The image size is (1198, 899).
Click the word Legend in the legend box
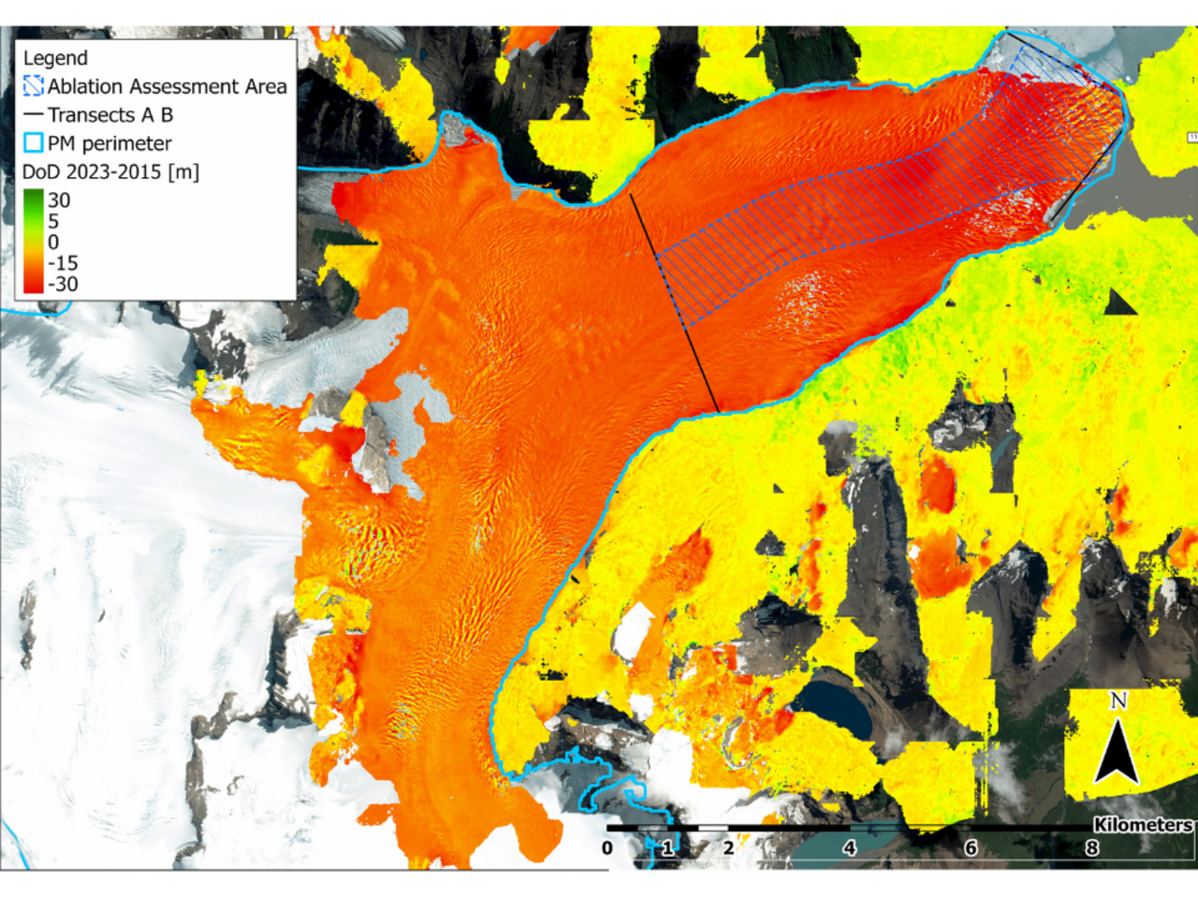[55, 58]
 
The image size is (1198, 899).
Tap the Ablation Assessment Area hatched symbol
[34, 86]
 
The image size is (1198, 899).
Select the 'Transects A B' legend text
[110, 115]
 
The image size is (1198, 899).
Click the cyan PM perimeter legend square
[34, 143]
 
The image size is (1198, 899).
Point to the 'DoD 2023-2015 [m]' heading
[110, 172]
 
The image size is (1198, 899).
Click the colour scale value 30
[59, 200]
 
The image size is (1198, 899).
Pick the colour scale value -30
[63, 285]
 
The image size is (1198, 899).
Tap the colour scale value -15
[63, 263]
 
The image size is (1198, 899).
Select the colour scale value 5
[53, 222]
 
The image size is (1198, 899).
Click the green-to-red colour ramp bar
[33, 242]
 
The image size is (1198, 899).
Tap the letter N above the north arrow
[1118, 700]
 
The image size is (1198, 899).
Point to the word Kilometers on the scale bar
[1143, 825]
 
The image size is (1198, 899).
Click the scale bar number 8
[1091, 848]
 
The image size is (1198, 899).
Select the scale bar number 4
[849, 848]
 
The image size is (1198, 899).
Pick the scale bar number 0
[607, 848]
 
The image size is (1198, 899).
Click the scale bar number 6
[971, 848]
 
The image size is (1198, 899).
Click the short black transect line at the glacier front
[1086, 178]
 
